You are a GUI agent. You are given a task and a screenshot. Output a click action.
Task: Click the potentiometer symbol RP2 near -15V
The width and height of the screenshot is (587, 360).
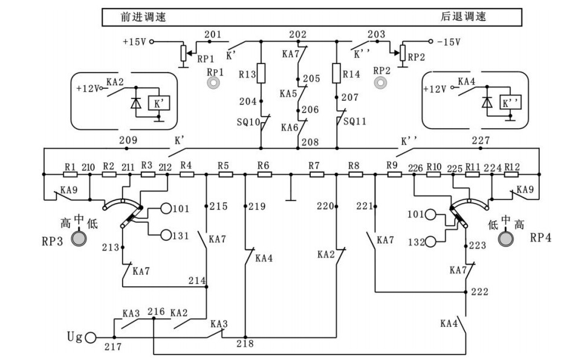click(x=401, y=53)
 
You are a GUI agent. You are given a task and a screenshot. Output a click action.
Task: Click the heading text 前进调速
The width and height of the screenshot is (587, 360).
click(x=143, y=17)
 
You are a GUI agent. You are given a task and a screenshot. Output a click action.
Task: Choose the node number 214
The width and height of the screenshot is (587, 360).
click(x=197, y=280)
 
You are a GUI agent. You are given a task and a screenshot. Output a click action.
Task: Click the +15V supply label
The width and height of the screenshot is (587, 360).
click(x=134, y=42)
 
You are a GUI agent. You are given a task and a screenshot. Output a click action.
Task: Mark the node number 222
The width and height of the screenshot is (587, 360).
click(x=479, y=292)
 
